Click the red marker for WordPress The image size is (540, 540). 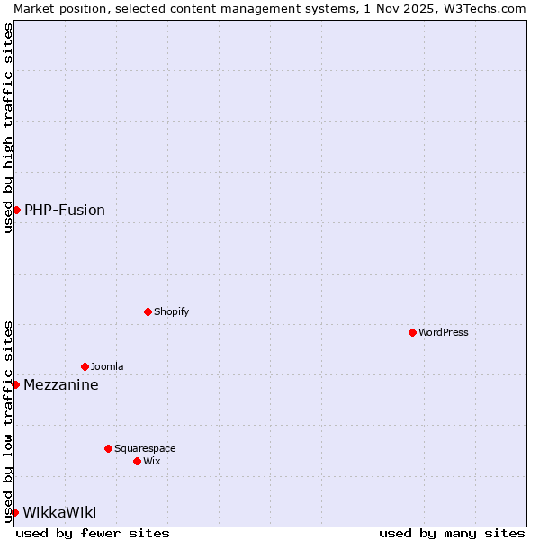[x=413, y=332]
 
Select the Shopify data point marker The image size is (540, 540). [x=148, y=311]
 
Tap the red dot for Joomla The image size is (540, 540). [x=85, y=366]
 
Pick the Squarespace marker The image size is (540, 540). [x=109, y=448]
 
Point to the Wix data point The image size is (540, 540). [x=138, y=461]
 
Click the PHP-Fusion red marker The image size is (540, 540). [x=16, y=210]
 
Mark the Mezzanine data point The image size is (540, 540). [x=15, y=384]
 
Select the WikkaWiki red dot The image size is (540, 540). [x=14, y=512]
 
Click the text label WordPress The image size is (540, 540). [x=444, y=332]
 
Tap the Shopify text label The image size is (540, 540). [x=171, y=311]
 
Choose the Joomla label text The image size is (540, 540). [x=107, y=366]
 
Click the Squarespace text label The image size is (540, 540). [x=145, y=448]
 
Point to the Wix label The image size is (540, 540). [x=151, y=461]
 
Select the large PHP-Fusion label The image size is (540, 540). [x=65, y=210]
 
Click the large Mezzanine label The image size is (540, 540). [x=61, y=384]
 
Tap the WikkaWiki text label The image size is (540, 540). [x=59, y=512]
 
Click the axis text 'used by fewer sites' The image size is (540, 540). [x=93, y=533]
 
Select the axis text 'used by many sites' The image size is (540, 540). [x=452, y=533]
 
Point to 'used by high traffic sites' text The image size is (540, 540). [x=8, y=128]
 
